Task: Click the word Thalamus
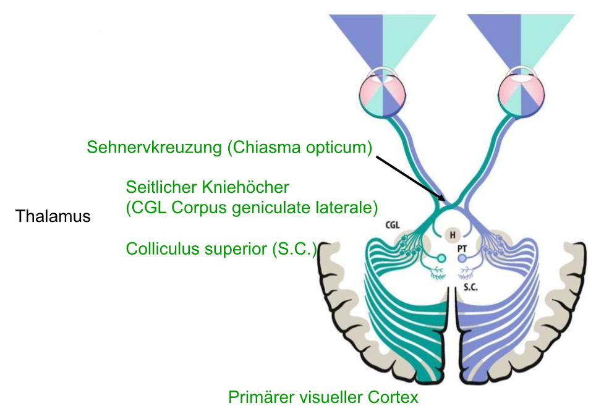(x=53, y=217)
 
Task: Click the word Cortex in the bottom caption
(x=394, y=397)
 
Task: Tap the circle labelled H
(x=453, y=234)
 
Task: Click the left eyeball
(x=383, y=93)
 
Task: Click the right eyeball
(x=521, y=93)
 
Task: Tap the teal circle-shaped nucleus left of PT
(x=441, y=258)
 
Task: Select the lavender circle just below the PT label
(x=462, y=259)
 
